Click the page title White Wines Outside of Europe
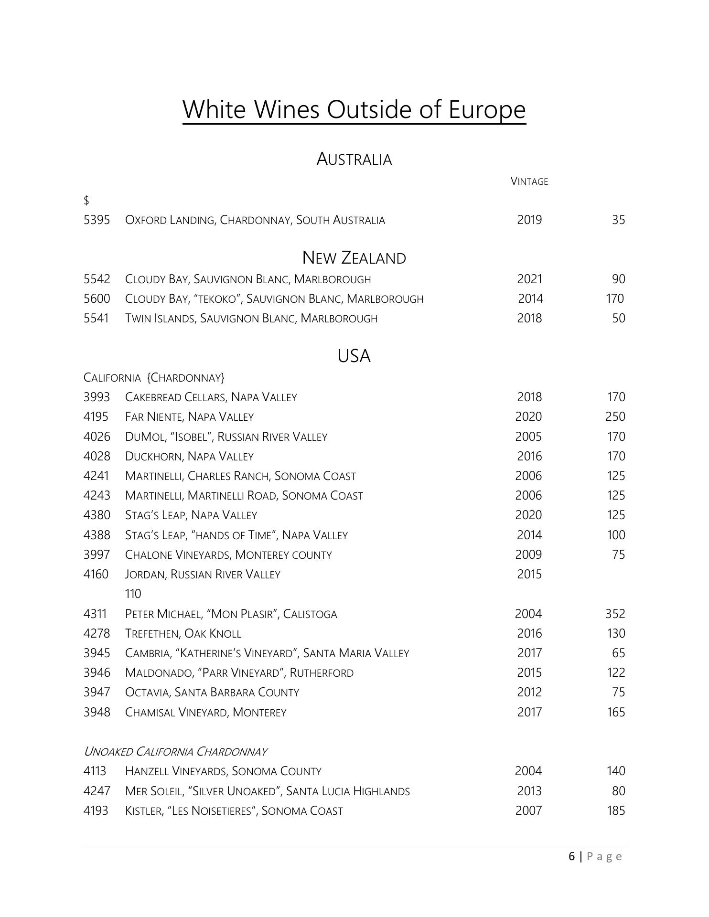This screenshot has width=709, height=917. (x=354, y=109)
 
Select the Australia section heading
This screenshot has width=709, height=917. (x=354, y=159)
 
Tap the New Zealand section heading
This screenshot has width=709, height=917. (x=354, y=258)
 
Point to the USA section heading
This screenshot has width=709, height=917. (x=354, y=356)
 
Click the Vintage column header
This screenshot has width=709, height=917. (x=529, y=181)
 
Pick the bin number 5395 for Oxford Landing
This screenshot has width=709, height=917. (x=97, y=220)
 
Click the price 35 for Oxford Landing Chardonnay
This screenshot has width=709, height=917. (x=618, y=220)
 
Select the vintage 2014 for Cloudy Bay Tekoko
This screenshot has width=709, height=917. (x=530, y=299)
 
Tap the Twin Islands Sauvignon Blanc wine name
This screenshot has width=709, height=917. (x=251, y=319)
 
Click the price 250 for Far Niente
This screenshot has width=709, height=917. (x=615, y=417)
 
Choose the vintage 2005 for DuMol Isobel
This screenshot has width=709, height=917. (x=528, y=437)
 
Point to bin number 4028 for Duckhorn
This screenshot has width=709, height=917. (x=97, y=457)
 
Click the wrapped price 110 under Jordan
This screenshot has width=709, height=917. (x=133, y=594)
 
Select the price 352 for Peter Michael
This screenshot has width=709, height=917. (x=615, y=614)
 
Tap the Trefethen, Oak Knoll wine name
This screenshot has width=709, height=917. (x=183, y=634)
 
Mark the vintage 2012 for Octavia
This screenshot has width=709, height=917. (x=529, y=693)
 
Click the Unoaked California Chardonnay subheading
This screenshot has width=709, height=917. (x=175, y=752)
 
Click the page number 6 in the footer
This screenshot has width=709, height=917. (x=572, y=857)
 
